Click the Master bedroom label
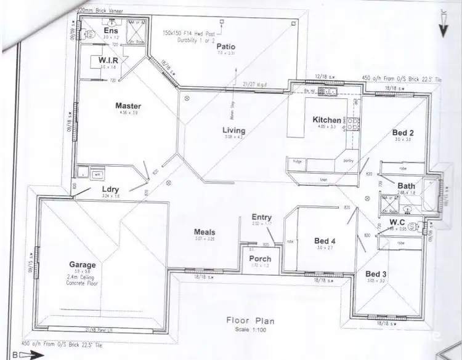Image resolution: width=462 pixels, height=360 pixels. (128, 106)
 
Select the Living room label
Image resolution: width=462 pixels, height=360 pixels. (233, 130)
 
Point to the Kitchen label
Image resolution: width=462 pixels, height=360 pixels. (326, 119)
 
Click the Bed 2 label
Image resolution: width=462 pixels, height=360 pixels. (402, 132)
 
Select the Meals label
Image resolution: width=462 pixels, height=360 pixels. (205, 231)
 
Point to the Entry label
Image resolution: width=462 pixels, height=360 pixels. (261, 217)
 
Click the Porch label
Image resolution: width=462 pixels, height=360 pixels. (260, 258)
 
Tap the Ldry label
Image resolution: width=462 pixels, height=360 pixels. (111, 190)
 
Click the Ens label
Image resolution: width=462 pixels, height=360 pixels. (111, 30)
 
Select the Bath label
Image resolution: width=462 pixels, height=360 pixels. (407, 185)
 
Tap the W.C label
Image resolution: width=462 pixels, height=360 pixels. (396, 222)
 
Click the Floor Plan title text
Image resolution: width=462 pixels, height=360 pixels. (250, 321)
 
